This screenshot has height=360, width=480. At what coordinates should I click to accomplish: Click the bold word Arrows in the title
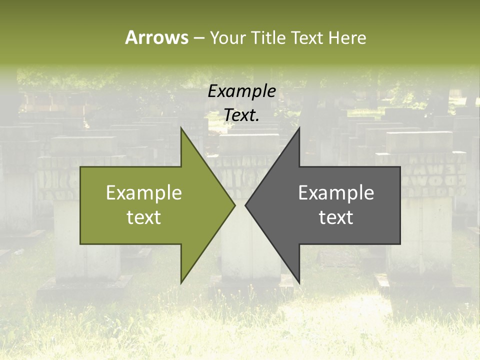pyautogui.click(x=156, y=37)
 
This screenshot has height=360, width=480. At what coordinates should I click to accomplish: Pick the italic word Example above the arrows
pyautogui.click(x=241, y=91)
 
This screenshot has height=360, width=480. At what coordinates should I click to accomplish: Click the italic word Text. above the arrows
pyautogui.click(x=241, y=115)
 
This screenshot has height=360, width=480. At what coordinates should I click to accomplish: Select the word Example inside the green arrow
pyautogui.click(x=144, y=193)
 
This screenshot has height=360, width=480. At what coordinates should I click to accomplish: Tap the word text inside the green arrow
pyautogui.click(x=144, y=217)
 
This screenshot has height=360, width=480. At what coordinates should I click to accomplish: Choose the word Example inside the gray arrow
pyautogui.click(x=336, y=193)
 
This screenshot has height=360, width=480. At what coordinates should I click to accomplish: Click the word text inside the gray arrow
pyautogui.click(x=336, y=217)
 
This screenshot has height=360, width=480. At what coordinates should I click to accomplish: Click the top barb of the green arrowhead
pyautogui.click(x=181, y=128)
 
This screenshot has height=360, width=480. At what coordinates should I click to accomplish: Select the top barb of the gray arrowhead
pyautogui.click(x=299, y=128)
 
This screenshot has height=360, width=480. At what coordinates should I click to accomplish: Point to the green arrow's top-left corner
pyautogui.click(x=81, y=167)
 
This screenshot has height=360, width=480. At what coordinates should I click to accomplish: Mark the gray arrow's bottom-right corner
pyautogui.click(x=399, y=243)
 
